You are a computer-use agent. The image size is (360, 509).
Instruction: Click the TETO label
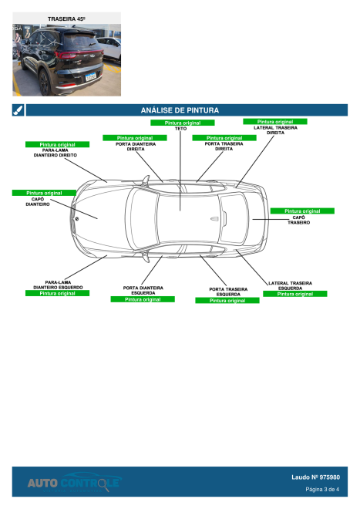(x=181, y=129)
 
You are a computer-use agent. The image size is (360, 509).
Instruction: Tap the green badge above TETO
(x=183, y=123)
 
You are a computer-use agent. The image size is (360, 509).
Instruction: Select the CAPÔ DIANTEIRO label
(x=38, y=201)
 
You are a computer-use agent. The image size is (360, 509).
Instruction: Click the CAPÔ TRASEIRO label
(x=298, y=220)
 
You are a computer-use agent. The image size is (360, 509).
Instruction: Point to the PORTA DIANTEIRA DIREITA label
(x=136, y=147)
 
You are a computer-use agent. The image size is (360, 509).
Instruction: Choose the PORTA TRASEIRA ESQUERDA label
(x=228, y=292)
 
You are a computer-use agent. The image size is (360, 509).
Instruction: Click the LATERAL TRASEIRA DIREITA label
(x=275, y=130)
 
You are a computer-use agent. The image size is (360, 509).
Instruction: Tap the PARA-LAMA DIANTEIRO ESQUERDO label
(x=58, y=285)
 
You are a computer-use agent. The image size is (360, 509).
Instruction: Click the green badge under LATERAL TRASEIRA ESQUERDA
(x=294, y=294)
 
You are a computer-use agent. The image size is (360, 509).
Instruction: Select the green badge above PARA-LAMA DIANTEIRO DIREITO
(x=57, y=144)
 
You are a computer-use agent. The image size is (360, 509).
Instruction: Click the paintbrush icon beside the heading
(x=19, y=110)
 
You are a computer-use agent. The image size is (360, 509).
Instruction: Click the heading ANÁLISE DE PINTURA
(x=180, y=110)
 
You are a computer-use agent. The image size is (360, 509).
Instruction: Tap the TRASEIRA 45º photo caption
(x=66, y=19)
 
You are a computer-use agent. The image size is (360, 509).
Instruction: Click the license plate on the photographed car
(x=90, y=76)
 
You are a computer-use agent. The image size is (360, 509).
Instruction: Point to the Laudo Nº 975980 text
(x=315, y=477)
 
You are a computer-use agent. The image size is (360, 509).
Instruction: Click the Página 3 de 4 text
(x=322, y=489)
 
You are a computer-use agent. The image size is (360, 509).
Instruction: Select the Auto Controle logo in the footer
(x=74, y=482)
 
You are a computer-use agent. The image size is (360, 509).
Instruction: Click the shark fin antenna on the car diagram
(x=214, y=219)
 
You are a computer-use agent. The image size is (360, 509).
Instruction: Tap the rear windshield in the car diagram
(x=234, y=218)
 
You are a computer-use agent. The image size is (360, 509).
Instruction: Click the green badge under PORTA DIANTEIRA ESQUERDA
(x=143, y=299)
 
